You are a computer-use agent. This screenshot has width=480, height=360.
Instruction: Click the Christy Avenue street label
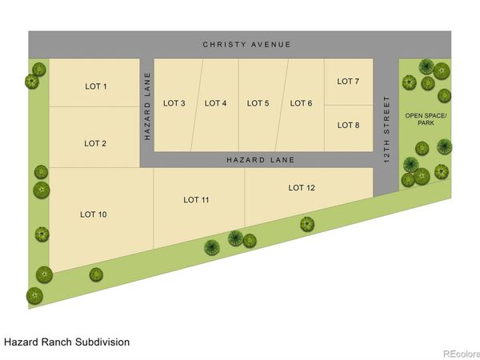pos(246,45)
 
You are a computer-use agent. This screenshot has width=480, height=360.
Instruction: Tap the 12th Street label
pos(386,130)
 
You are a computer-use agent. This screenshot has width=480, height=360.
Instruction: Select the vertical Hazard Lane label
pos(147,106)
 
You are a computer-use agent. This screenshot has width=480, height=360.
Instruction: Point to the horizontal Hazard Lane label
pos(261,160)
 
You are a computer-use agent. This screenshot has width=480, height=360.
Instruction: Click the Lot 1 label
pos(96,86)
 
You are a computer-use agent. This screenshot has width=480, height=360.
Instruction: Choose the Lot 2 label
pos(95,143)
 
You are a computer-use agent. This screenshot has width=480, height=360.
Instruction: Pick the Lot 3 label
pos(174,103)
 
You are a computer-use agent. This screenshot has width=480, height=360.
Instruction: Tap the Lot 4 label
pos(215,103)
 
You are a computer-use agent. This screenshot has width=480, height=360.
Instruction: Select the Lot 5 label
pos(258,103)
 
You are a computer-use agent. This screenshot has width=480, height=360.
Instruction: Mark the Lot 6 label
pos(302,103)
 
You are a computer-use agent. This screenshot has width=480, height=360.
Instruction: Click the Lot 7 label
pos(348,82)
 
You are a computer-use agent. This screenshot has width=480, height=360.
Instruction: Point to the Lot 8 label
pos(348,126)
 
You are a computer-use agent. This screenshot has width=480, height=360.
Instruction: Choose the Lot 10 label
pos(94,214)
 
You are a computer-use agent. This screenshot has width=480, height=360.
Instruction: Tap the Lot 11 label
pos(196,200)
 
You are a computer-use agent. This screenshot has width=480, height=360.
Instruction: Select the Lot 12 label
pos(302,188)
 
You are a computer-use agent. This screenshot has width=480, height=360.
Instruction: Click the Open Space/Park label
pos(426,119)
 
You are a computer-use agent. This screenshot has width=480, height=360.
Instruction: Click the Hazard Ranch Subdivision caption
pos(66,342)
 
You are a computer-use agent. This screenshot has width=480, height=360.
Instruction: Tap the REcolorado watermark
pos(462,354)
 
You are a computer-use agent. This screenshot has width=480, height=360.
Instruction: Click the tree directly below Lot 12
pos(307,224)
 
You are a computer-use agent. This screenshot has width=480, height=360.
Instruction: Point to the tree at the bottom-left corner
pos(34,296)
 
